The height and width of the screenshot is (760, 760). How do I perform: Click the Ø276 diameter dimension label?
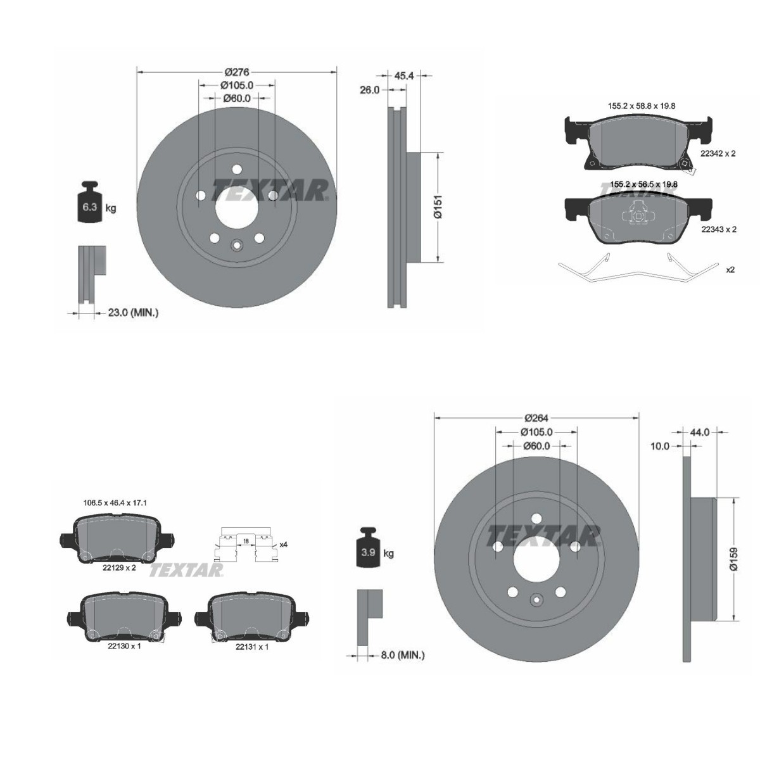[x=237, y=72]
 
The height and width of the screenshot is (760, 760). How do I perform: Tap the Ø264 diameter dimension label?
[x=536, y=418]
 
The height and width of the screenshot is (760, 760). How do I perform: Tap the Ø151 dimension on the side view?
[x=437, y=206]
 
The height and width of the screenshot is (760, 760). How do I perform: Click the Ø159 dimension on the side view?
[x=733, y=559]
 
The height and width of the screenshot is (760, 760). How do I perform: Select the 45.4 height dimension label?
[x=404, y=75]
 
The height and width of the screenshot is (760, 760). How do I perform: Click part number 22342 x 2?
[x=718, y=153]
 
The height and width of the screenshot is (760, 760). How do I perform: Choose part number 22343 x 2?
[x=718, y=229]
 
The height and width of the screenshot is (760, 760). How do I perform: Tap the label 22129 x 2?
[x=119, y=568]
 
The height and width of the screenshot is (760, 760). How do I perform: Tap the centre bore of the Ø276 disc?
[x=237, y=208]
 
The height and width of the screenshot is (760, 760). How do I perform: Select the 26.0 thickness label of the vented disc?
[x=369, y=90]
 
